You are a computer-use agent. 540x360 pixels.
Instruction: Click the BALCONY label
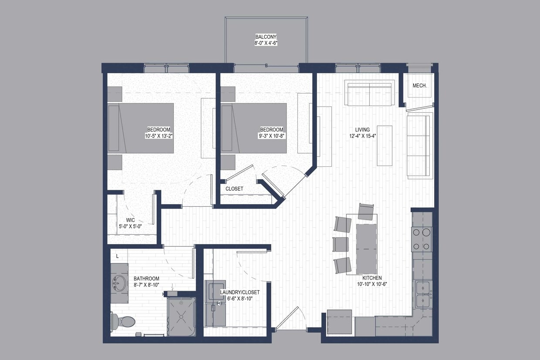266,37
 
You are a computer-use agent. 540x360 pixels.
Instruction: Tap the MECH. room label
419,86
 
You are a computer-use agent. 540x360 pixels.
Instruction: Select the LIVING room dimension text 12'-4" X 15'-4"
362,136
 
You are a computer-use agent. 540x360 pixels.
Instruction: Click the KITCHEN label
372,278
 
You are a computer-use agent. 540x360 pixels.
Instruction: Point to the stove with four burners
422,239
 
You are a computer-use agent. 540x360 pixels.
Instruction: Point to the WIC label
131,220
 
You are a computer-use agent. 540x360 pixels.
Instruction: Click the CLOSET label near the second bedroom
234,189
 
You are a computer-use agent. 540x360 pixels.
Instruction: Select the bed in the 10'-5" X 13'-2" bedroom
142,128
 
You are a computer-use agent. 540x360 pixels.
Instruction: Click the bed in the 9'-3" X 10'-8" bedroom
254,128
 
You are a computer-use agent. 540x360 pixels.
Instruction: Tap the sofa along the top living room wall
370,93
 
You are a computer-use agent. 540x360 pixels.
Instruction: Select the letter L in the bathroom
118,256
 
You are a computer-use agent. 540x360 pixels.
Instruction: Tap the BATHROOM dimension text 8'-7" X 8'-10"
146,285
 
